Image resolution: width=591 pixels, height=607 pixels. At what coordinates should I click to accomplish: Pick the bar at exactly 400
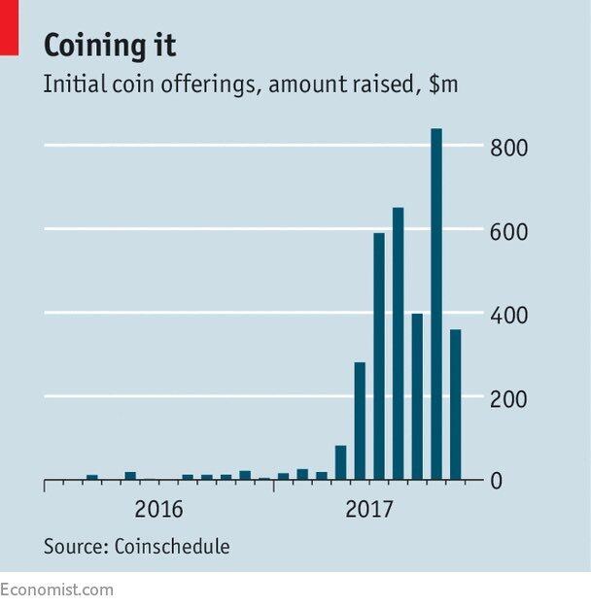click(x=417, y=396)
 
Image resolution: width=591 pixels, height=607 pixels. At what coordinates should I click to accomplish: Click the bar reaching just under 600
click(x=379, y=355)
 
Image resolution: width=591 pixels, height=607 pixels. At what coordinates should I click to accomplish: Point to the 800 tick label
click(x=508, y=149)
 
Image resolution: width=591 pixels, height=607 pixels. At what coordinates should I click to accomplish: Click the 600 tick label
click(x=508, y=232)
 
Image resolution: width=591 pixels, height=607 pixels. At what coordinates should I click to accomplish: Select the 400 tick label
click(x=508, y=316)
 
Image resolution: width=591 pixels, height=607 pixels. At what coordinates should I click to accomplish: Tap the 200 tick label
click(x=508, y=399)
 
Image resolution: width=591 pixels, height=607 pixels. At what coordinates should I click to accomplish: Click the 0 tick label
click(x=496, y=482)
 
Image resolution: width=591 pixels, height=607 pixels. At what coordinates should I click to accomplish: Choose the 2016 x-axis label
click(x=159, y=510)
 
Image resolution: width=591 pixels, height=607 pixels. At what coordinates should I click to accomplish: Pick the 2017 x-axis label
click(x=369, y=510)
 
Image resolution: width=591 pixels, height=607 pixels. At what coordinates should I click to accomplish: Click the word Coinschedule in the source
click(x=172, y=547)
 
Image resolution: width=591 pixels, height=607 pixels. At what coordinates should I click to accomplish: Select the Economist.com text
click(x=56, y=590)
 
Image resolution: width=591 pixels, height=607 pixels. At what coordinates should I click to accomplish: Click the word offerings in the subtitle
click(x=211, y=85)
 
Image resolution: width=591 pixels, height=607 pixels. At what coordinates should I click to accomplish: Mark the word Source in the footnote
click(x=73, y=547)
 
